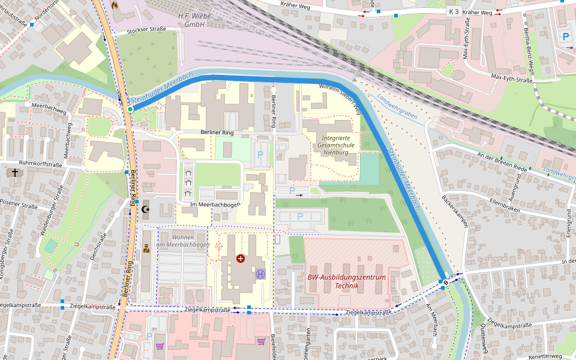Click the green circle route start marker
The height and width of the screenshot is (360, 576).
(130, 109)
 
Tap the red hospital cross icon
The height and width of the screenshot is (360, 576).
(241, 259)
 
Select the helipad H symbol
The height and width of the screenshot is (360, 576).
(260, 274)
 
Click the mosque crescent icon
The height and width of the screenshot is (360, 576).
(146, 209)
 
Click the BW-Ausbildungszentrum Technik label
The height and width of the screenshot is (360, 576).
(346, 281)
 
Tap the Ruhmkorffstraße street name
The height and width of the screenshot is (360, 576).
(40, 164)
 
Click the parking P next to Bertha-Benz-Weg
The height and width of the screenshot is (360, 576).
(566, 37)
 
